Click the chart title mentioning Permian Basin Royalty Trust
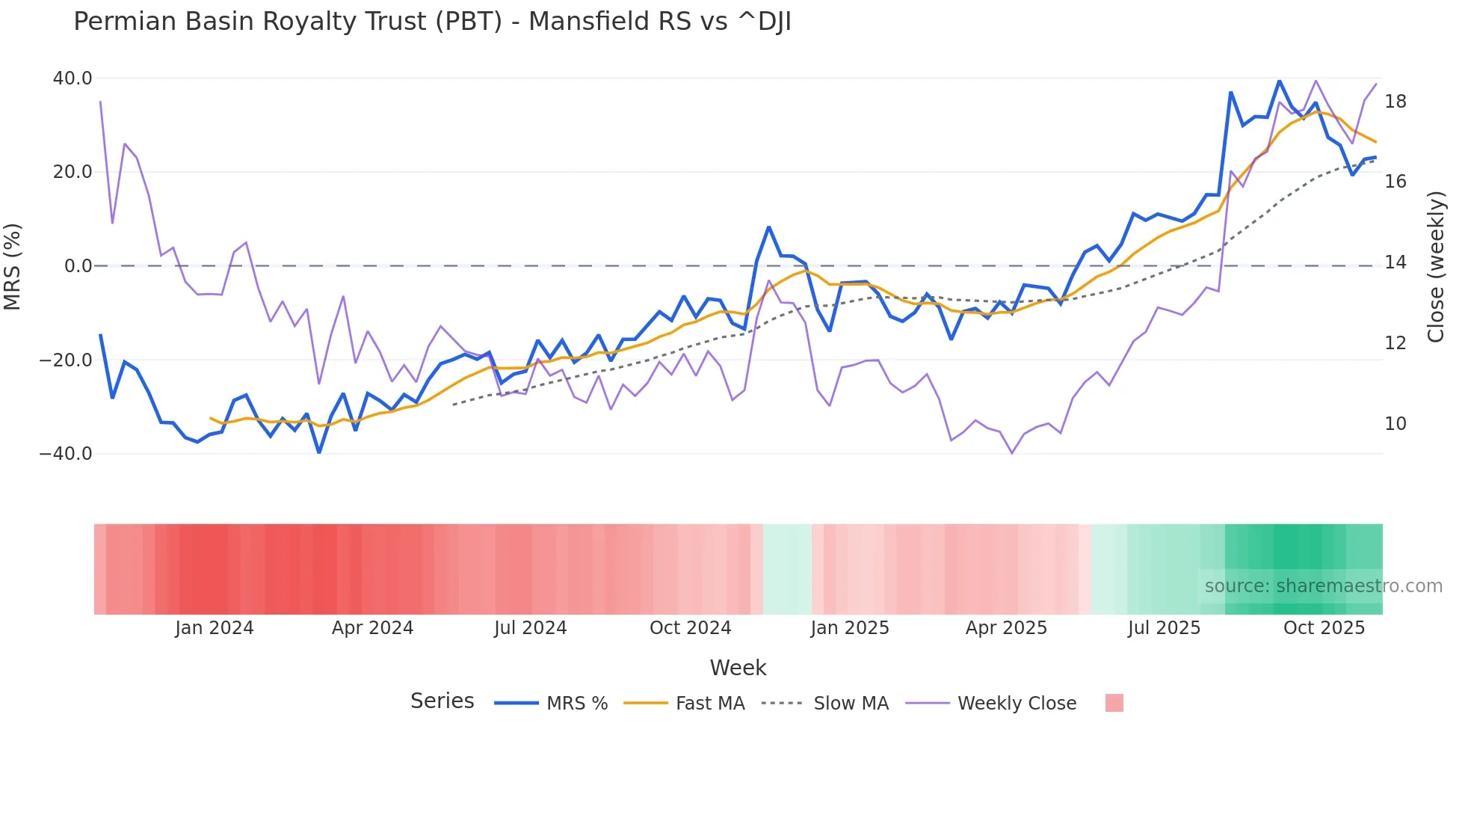pyautogui.click(x=432, y=22)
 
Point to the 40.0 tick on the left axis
pyautogui.click(x=73, y=79)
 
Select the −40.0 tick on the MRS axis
pyautogui.click(x=66, y=454)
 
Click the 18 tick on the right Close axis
pyautogui.click(x=1395, y=102)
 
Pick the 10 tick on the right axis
pyautogui.click(x=1395, y=424)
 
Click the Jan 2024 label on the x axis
pyautogui.click(x=215, y=628)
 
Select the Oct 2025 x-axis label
pyautogui.click(x=1324, y=628)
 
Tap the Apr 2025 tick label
pyautogui.click(x=1006, y=628)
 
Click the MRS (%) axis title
pyautogui.click(x=13, y=266)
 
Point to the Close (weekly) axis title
pyautogui.click(x=1435, y=266)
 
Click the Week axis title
pyautogui.click(x=738, y=668)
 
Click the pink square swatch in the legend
pyautogui.click(x=1114, y=703)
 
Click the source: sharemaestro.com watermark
pyautogui.click(x=1323, y=586)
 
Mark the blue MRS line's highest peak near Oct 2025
pyautogui.click(x=1279, y=80)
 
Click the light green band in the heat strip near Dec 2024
pyautogui.click(x=786, y=569)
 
